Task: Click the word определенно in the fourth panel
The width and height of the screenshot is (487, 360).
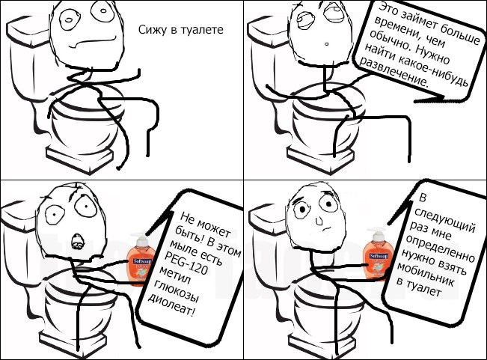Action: (x=441, y=248)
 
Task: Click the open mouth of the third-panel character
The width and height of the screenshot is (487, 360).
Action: (x=76, y=242)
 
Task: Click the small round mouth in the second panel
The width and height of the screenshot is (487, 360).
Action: (x=326, y=44)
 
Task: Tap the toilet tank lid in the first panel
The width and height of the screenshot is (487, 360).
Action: (x=28, y=31)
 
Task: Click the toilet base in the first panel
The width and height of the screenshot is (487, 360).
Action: (x=80, y=157)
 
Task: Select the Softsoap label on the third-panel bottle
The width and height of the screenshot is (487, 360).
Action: (x=143, y=261)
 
